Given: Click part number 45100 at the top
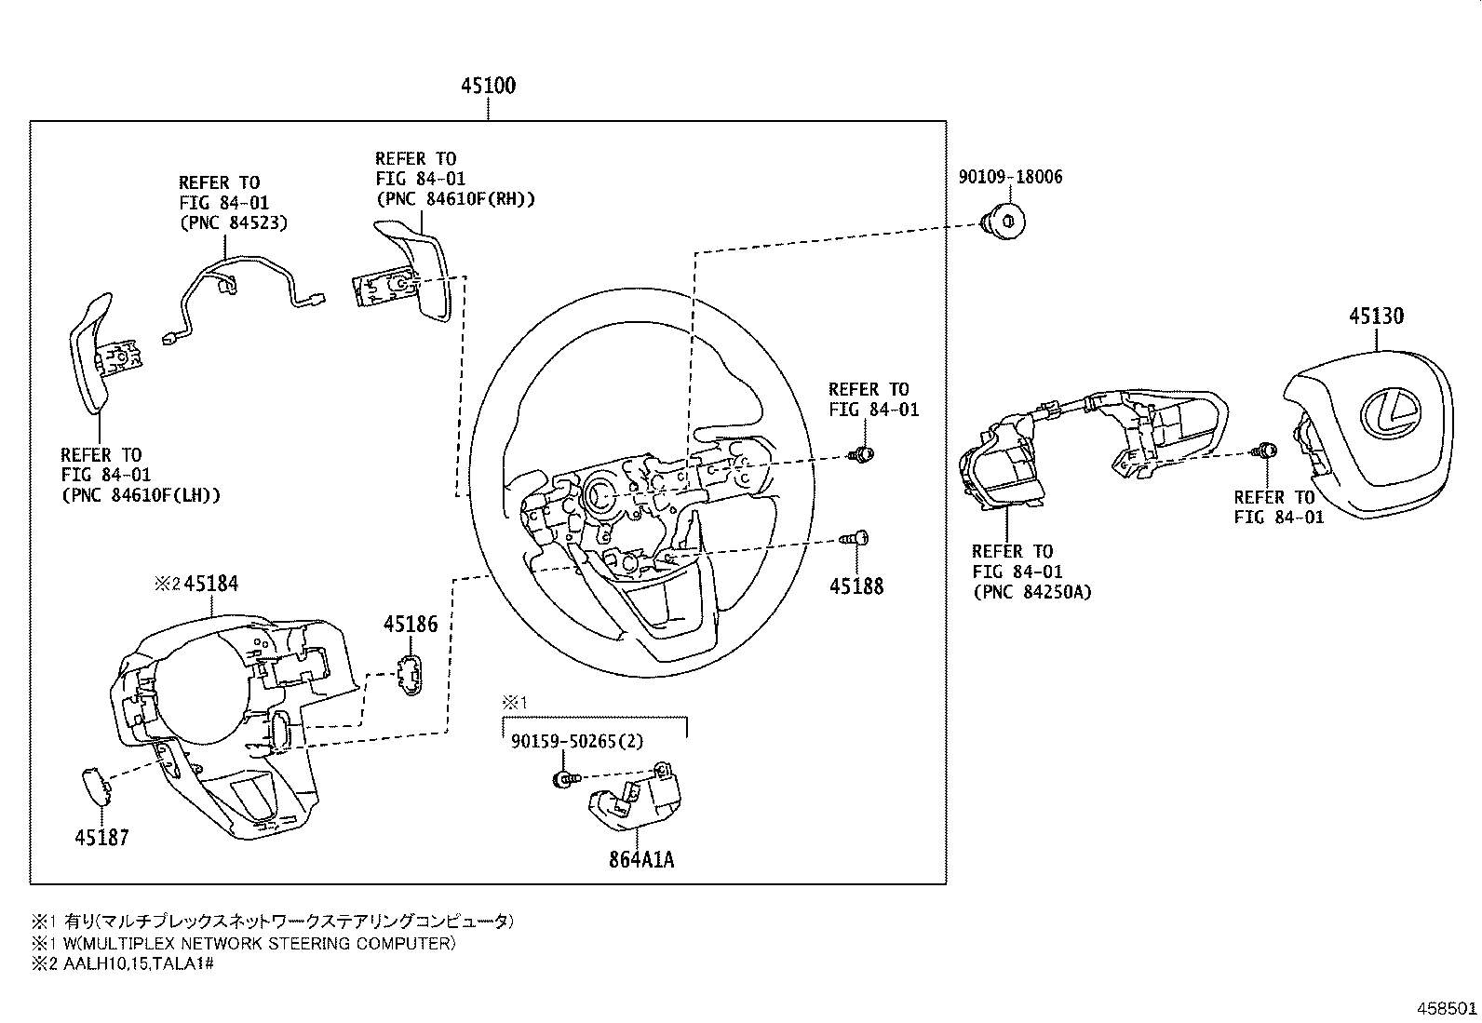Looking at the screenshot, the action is click(488, 86).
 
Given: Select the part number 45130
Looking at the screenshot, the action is click(1376, 316).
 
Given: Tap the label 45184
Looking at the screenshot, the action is click(211, 584).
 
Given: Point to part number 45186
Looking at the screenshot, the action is click(411, 624).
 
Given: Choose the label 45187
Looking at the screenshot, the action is click(101, 837).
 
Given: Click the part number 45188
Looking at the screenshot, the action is click(856, 586).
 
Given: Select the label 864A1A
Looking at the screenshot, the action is click(641, 859).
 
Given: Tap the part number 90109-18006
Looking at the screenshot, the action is click(1010, 177).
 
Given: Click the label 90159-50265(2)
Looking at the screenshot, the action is click(577, 741).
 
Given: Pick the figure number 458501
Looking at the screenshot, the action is click(1447, 1008).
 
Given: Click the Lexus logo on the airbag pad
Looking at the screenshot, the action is click(1390, 414).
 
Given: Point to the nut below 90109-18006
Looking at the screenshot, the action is click(1003, 222).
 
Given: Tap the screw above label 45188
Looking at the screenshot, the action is click(855, 539).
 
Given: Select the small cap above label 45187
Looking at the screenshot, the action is click(97, 786).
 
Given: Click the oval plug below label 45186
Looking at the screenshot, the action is click(411, 675).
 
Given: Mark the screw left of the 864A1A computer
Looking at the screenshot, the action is click(566, 779).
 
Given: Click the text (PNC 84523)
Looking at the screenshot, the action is click(235, 223).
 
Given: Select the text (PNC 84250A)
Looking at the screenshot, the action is click(1032, 592).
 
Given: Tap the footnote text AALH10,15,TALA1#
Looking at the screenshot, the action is click(139, 963).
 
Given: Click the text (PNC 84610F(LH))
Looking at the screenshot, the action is click(141, 495).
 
